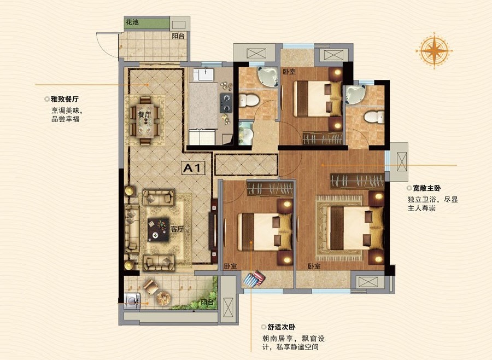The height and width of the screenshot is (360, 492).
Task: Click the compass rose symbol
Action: pyautogui.click(x=434, y=50)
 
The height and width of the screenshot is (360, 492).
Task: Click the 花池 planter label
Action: pyautogui.click(x=132, y=22)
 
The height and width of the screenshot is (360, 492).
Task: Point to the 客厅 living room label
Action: pyautogui.click(x=177, y=229)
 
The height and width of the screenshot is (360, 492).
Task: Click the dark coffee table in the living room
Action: pyautogui.click(x=159, y=230)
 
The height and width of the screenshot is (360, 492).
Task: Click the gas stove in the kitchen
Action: pyautogui.click(x=226, y=103)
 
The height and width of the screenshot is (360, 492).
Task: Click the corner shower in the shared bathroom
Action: pyautogui.click(x=268, y=77)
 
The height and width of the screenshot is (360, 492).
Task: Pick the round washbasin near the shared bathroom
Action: pyautogui.click(x=247, y=135)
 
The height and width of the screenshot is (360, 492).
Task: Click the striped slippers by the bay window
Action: pyautogui.click(x=254, y=279)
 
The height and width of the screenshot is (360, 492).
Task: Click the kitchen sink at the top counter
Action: pyautogui.click(x=203, y=75)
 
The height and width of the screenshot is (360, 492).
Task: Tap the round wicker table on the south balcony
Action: pyautogui.click(x=163, y=298)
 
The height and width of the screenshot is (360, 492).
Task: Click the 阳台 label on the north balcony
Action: pyautogui.click(x=178, y=36)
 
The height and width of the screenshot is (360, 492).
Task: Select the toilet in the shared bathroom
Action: pyautogui.click(x=249, y=101)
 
